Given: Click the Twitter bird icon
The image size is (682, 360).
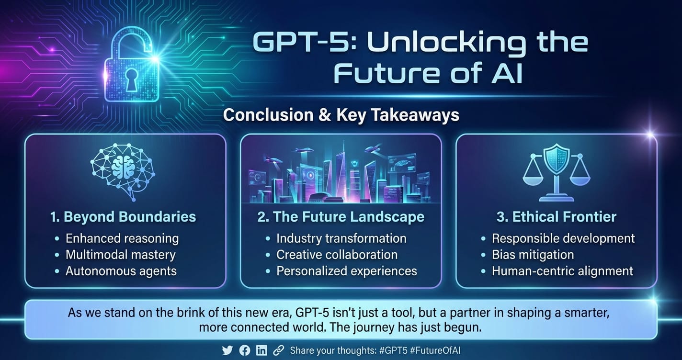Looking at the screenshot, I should tap(227, 350).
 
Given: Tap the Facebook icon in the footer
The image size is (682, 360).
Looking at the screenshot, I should tap(245, 350).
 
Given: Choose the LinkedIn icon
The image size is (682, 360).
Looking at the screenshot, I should tap(261, 350).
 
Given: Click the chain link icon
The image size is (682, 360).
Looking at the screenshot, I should tap(278, 350).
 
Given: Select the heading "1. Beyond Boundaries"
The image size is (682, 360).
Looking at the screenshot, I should tap(123, 217).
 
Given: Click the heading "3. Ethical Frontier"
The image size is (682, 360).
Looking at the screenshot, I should tap(557, 217).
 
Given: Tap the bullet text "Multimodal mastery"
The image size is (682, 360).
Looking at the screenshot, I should tap(121, 255).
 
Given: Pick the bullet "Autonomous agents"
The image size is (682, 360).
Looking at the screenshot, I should tap(121, 271).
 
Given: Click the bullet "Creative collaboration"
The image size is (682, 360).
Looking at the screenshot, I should tap(337, 255).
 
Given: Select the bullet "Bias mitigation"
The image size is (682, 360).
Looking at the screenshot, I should tap(533, 255).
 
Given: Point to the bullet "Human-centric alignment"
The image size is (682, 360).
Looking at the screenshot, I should tap(563, 271).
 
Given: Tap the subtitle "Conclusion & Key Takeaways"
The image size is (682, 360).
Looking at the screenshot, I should tap(341, 115).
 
